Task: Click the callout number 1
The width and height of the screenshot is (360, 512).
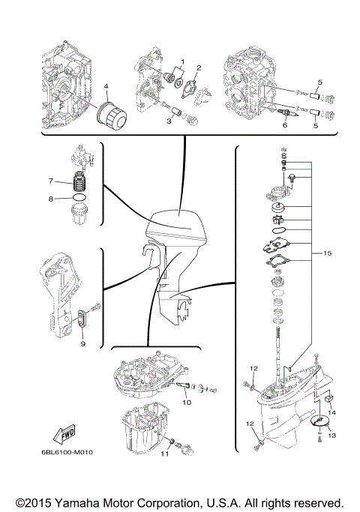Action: tap(181, 60)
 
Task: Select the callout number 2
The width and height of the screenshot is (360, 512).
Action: tap(199, 68)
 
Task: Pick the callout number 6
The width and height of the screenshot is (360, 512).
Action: tap(284, 125)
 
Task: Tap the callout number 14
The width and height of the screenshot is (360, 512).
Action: tap(333, 412)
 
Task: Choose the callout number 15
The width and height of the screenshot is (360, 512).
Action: tap(327, 253)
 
